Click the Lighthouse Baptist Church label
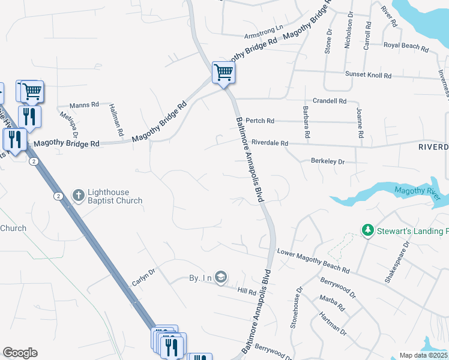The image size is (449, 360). pos(115,196)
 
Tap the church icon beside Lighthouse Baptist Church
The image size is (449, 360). pos(78,195)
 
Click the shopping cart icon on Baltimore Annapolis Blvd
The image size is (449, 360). pos(223,73)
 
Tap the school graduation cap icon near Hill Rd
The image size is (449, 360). pos(221,277)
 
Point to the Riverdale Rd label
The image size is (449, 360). pos(270,143)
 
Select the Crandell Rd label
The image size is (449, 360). pos(330,101)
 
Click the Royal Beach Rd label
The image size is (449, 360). pos(406,46)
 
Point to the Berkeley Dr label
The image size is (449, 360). pos(328,161)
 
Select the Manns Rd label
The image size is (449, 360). pos(84,105)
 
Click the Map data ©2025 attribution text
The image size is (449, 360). pos(423,355)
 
